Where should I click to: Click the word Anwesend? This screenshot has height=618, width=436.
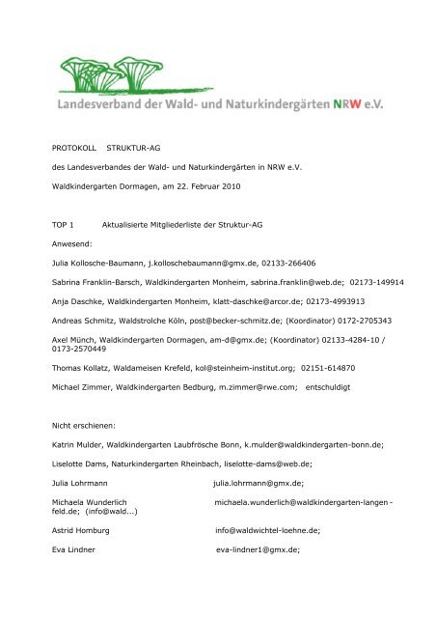pyautogui.click(x=72, y=244)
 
